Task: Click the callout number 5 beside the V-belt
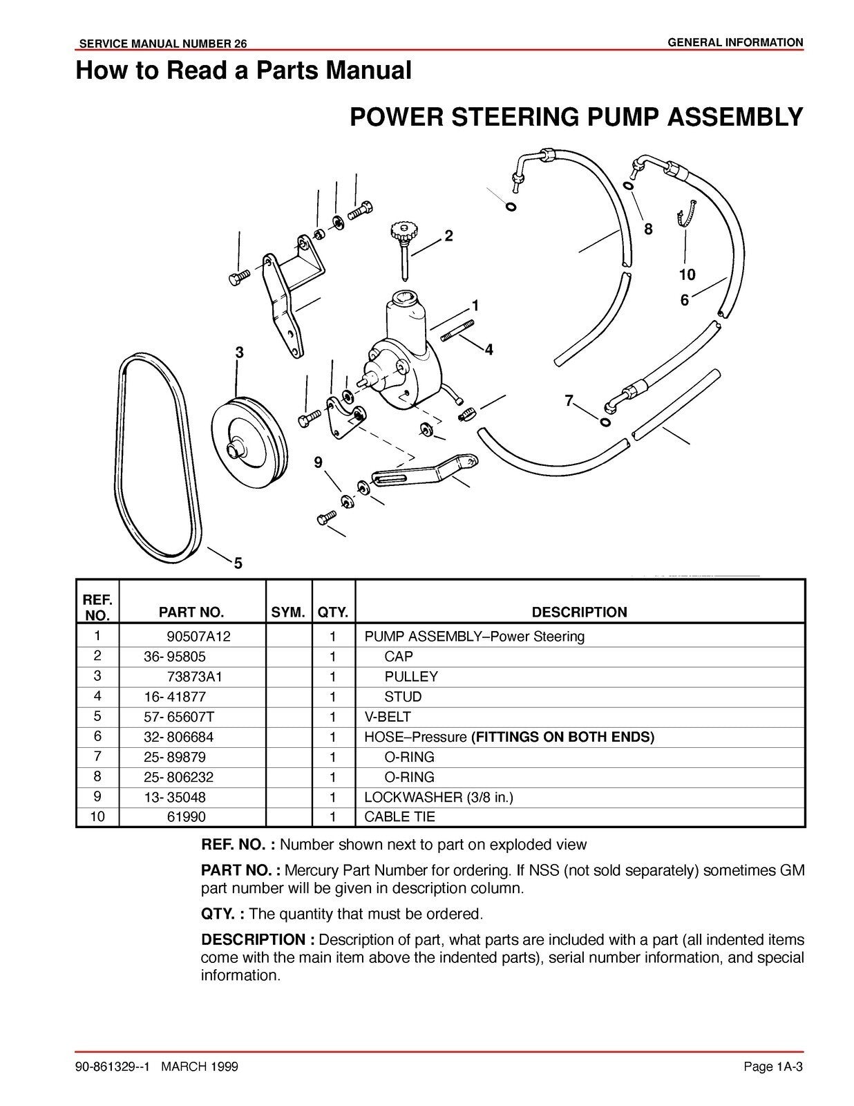pyautogui.click(x=238, y=563)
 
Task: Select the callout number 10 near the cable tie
pyautogui.click(x=686, y=275)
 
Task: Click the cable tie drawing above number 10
pyautogui.click(x=687, y=210)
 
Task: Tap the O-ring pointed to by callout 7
pyautogui.click(x=605, y=422)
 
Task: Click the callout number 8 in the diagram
pyautogui.click(x=648, y=229)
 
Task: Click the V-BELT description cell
pyautogui.click(x=387, y=717)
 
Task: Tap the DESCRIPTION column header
pyautogui.click(x=579, y=612)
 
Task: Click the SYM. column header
pyautogui.click(x=288, y=612)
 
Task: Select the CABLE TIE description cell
pyautogui.click(x=399, y=817)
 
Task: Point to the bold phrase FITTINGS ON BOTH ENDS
pyautogui.click(x=562, y=737)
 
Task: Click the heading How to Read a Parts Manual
pyautogui.click(x=243, y=71)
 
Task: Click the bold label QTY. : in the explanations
pyautogui.click(x=222, y=914)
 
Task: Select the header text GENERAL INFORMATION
pyautogui.click(x=735, y=43)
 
